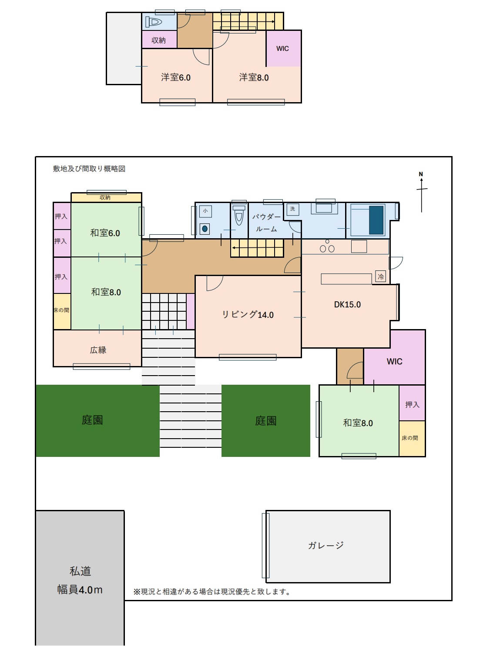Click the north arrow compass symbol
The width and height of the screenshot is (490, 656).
pos(422,193)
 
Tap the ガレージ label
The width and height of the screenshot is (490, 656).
pos(326,545)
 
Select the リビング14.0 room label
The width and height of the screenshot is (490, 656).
pos(248,314)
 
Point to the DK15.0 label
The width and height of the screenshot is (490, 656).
pos(347,305)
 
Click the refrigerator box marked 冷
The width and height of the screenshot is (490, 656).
pos(380,277)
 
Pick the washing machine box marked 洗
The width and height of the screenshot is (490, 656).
pos(292,209)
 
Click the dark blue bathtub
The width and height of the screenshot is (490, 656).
pos(376,220)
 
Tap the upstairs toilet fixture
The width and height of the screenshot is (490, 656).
pos(154,22)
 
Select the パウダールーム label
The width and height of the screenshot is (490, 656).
pos(266,223)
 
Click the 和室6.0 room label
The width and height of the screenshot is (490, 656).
pos(105,233)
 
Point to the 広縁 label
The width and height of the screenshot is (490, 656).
pos(98,350)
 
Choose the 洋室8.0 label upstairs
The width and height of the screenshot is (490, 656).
pos(254,77)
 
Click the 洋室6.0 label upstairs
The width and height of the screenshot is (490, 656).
pos(176,77)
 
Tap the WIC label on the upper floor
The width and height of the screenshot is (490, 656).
pos(282,48)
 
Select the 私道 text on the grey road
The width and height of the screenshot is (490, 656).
pos(80,571)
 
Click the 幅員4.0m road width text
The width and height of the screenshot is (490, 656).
pos(80,589)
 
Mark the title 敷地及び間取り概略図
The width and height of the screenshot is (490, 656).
pos(89,169)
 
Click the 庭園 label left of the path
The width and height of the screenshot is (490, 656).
pos(92,420)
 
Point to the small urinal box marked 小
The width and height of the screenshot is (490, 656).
pos(205,211)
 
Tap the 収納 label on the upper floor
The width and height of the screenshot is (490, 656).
pos(158,40)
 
